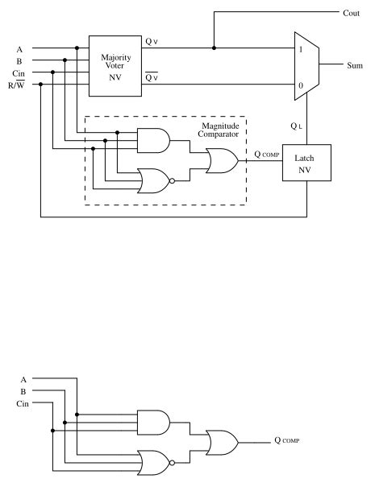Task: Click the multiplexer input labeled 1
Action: (x=302, y=48)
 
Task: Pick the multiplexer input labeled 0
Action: (x=302, y=85)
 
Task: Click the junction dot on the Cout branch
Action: (x=214, y=48)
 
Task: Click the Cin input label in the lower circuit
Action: (x=23, y=402)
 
